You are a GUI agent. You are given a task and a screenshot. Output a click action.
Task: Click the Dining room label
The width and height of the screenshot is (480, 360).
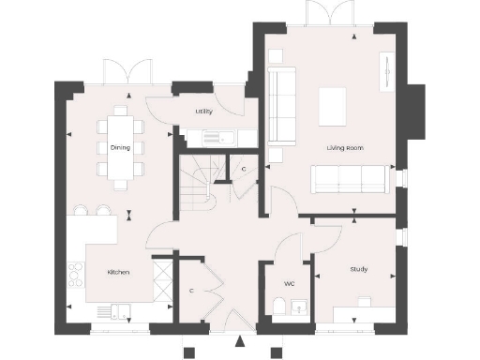119,147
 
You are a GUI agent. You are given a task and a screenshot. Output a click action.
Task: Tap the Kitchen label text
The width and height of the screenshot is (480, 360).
118,271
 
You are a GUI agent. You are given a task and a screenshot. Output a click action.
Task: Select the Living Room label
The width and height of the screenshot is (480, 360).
345,148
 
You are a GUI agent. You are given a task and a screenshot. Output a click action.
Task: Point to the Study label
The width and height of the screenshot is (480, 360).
358,269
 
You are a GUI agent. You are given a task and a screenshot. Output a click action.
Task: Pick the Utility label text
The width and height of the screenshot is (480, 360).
203,112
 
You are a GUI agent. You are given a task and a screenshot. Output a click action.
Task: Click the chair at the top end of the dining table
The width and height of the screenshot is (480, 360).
119,109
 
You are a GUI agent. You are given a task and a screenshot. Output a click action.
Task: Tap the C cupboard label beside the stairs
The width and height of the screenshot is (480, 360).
243,169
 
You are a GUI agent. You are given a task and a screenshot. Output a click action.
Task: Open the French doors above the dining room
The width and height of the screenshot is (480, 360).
128,72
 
